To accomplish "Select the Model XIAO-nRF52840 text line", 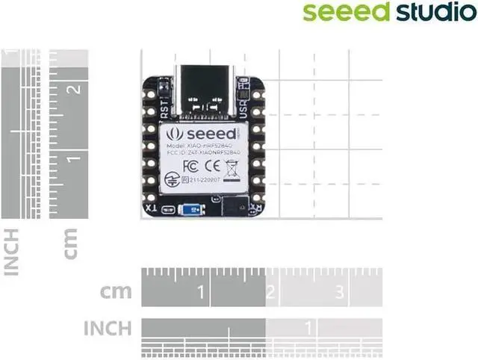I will tap(202, 144).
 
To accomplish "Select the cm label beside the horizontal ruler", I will tap(117, 292).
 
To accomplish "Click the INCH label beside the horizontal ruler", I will tap(108, 327).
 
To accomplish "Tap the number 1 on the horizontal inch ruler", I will tap(307, 326).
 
